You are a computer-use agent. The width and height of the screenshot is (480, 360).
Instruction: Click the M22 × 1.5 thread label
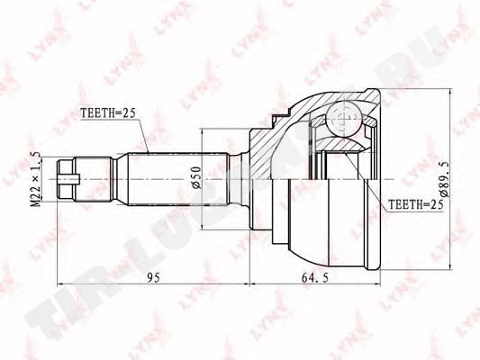(x=36, y=179)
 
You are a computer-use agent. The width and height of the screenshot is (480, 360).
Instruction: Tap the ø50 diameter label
(x=196, y=177)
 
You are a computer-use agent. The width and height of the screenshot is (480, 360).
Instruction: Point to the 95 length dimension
(x=153, y=278)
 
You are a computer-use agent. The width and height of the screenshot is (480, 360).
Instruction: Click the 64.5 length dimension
(x=314, y=278)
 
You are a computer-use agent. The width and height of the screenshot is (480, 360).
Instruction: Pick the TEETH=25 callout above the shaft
(x=108, y=113)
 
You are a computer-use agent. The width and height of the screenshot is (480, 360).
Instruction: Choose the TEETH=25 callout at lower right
(x=416, y=204)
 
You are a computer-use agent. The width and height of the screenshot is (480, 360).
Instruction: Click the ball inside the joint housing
(x=344, y=119)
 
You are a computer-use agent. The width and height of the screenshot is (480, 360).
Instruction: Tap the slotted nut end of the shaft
(x=65, y=179)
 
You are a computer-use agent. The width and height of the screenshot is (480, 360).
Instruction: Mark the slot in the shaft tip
(x=68, y=179)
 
